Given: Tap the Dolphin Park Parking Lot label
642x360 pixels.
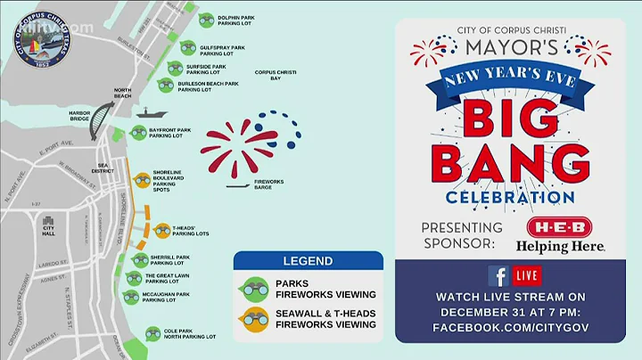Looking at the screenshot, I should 235,19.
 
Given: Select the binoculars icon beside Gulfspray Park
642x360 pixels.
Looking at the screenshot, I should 187,48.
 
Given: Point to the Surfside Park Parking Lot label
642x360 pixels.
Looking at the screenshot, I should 207,68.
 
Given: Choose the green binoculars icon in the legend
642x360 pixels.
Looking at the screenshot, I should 254,289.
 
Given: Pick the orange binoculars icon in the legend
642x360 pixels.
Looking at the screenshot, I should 254,318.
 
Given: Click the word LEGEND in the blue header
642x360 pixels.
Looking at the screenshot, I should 308,261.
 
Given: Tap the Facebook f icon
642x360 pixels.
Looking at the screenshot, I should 497,275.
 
